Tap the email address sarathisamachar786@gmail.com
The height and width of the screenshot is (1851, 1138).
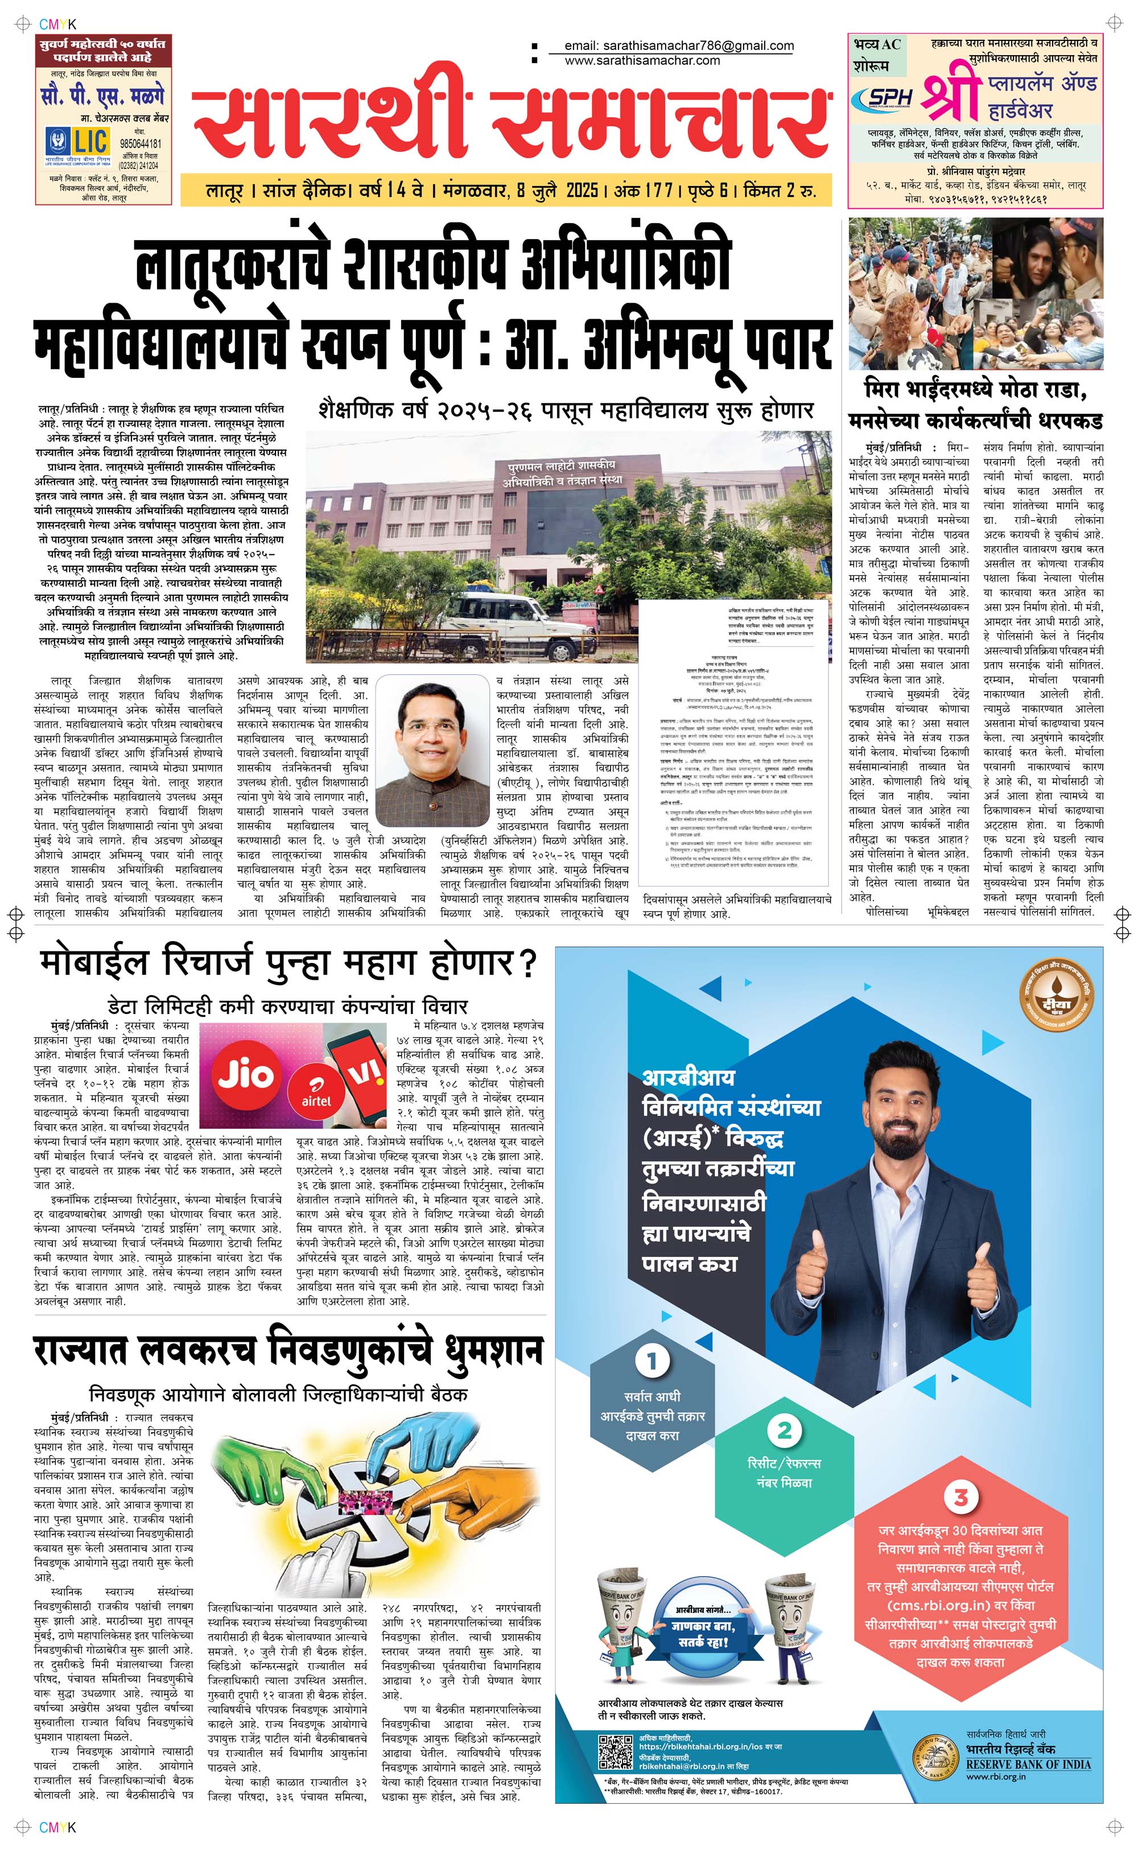[x=679, y=46]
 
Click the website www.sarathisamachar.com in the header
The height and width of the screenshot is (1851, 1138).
[x=642, y=60]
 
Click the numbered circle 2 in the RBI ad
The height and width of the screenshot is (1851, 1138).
[x=784, y=1429]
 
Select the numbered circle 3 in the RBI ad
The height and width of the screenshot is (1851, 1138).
[x=960, y=1497]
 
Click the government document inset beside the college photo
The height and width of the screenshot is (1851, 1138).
[x=735, y=742]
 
